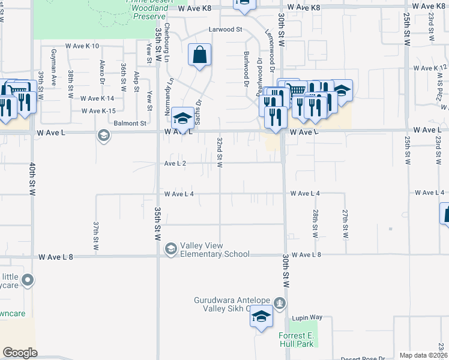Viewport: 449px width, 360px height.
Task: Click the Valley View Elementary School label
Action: [215, 249]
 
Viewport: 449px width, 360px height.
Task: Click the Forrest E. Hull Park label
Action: [296, 340]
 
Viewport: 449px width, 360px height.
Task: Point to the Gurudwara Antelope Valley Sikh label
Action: [233, 304]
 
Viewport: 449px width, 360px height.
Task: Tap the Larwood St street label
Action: [225, 29]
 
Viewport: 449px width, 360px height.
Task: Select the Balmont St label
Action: [130, 124]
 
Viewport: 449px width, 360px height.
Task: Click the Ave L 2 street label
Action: [176, 163]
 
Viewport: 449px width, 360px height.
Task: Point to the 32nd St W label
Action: [220, 151]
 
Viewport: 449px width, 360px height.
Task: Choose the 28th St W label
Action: [315, 223]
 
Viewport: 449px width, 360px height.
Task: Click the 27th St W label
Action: [345, 223]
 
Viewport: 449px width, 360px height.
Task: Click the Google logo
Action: [20, 353]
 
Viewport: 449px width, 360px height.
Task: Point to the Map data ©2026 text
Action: [423, 355]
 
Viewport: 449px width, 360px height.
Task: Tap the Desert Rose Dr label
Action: [363, 358]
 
